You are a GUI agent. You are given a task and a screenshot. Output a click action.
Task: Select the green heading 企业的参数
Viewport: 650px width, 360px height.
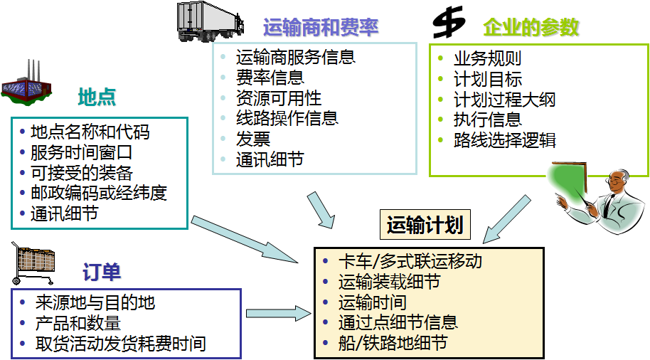coord(531,28)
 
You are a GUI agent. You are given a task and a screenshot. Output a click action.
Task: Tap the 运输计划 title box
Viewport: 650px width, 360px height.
coord(425,226)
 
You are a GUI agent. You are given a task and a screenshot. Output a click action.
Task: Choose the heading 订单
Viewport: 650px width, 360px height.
coord(101,272)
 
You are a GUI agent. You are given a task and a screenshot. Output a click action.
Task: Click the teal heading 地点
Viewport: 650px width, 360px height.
coord(97,97)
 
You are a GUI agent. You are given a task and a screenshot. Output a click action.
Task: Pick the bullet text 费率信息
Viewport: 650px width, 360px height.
coord(270,78)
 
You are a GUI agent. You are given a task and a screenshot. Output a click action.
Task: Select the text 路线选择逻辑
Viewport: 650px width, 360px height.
coord(505,140)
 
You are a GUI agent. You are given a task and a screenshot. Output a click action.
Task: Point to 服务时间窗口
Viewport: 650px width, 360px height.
coord(81,152)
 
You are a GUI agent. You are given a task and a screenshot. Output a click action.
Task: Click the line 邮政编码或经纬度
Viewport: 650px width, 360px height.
coord(98,194)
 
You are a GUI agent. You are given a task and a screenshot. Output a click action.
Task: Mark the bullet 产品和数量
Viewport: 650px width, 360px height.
coord(78,324)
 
